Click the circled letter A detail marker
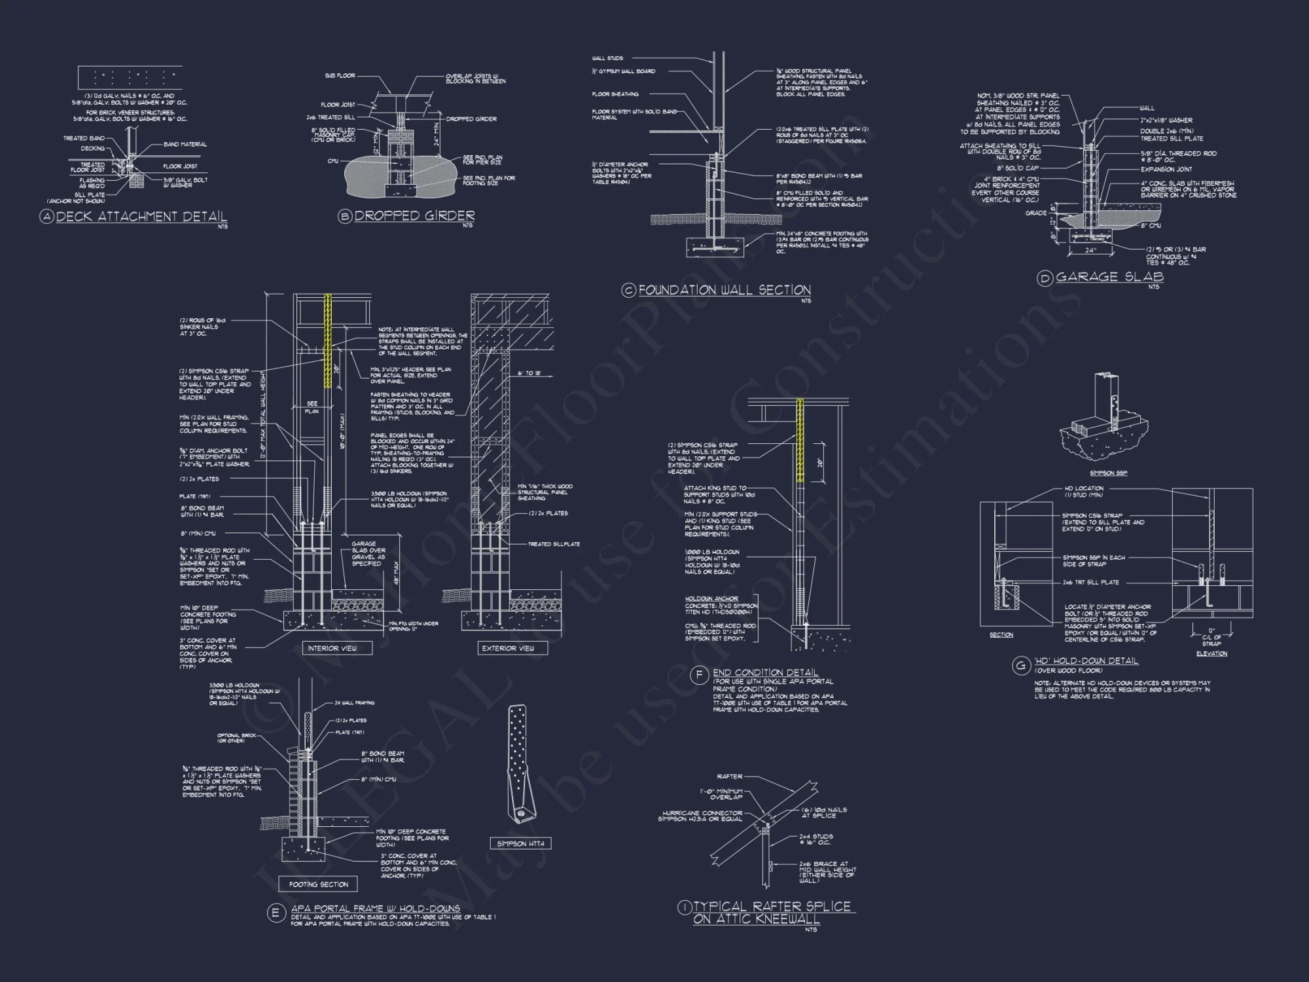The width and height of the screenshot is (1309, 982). click(46, 217)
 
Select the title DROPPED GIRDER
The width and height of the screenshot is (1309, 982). click(414, 215)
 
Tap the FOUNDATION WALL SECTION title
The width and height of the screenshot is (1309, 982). click(725, 290)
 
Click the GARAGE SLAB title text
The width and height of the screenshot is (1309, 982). click(1109, 277)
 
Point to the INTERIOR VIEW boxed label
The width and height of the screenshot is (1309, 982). click(332, 648)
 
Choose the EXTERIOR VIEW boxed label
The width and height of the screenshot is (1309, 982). click(508, 648)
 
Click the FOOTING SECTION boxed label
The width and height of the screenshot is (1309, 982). click(318, 884)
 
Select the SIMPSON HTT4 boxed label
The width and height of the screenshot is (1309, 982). click(520, 843)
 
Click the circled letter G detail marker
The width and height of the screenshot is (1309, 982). click(1021, 666)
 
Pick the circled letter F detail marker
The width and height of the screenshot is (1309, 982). click(700, 674)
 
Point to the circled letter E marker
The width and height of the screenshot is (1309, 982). click(276, 914)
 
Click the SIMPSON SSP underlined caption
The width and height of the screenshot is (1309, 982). click(1108, 473)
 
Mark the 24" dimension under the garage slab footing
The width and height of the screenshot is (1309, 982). click(1090, 251)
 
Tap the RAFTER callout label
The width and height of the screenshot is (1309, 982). click(730, 776)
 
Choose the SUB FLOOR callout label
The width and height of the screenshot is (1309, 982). click(340, 76)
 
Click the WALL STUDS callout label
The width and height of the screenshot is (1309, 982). click(607, 58)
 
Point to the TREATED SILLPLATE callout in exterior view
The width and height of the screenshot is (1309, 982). click(554, 544)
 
